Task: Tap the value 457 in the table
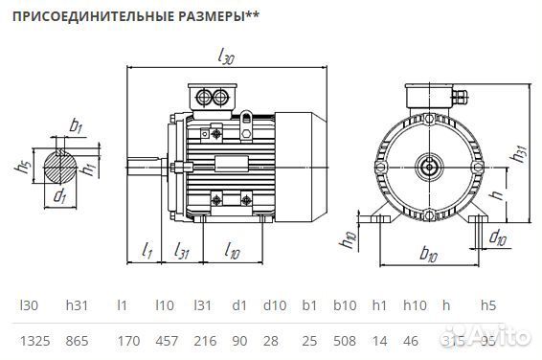pyautogui.click(x=166, y=340)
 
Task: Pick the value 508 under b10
pyautogui.click(x=344, y=340)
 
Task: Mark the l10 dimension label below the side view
pyautogui.click(x=232, y=252)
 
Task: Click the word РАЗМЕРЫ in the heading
pyautogui.click(x=193, y=16)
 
